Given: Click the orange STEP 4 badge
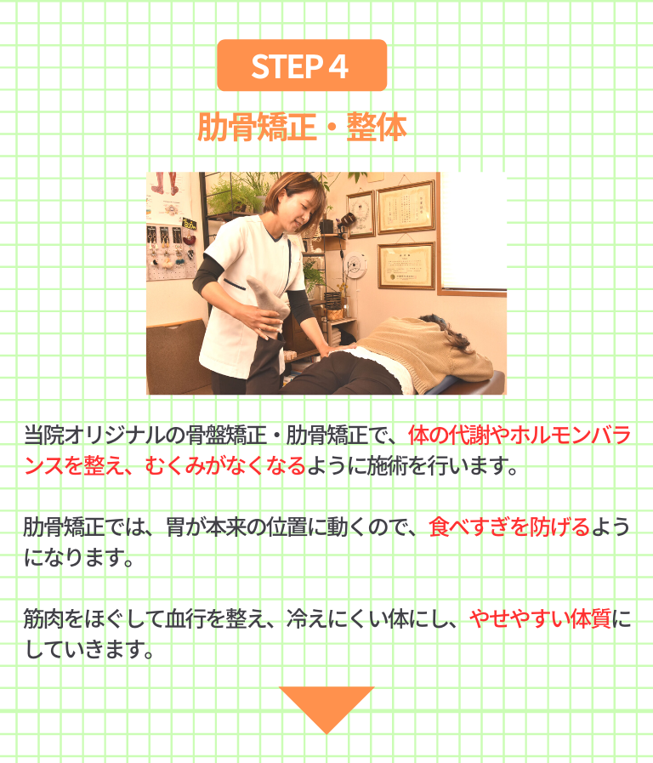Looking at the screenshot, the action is coord(302,65).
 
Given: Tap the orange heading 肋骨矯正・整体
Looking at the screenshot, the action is coord(302,127).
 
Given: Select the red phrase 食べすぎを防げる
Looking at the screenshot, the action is coord(509,527).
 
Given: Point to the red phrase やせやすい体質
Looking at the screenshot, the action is coord(540,618).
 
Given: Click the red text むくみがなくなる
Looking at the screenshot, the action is coord(225,465).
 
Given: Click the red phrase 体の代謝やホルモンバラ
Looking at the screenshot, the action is coord(520,435).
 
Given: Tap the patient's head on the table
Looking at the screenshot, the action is coord(447,331).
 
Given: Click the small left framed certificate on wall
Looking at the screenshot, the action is coord(361,214).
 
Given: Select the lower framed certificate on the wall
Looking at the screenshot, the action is coord(406,265).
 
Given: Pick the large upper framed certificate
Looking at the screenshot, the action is coord(406,207).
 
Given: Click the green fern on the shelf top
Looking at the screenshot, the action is coord(231,195).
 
